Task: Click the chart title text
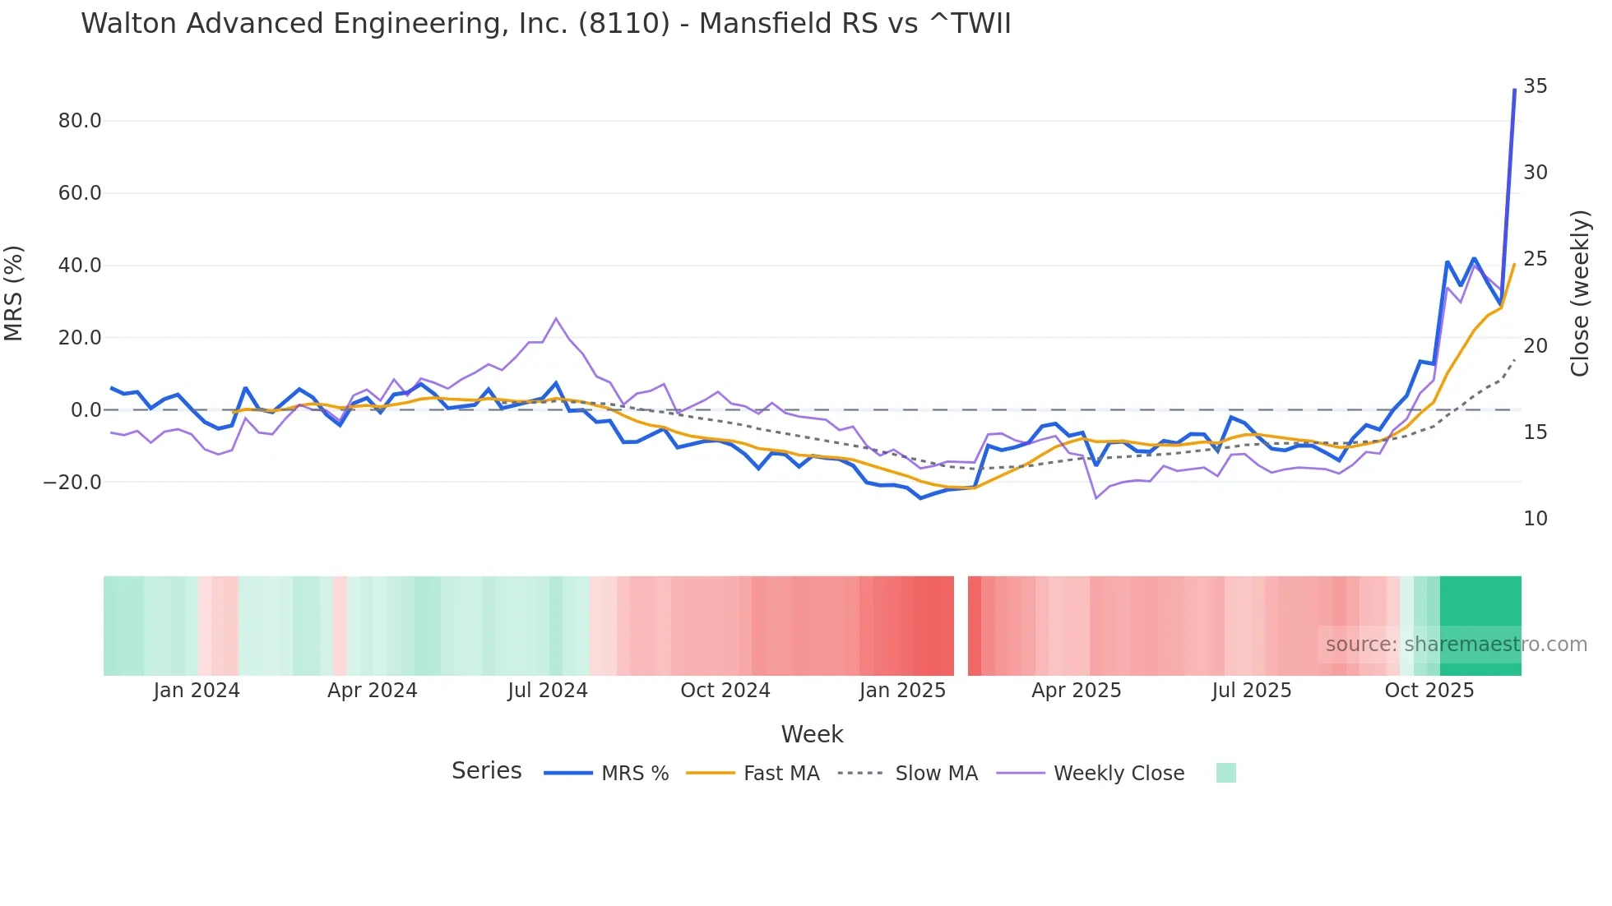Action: point(545,24)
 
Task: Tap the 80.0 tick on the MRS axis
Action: point(80,121)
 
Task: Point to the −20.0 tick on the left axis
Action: point(72,483)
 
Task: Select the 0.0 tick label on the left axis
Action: point(86,410)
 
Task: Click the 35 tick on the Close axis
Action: point(1535,86)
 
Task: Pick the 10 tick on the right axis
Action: point(1535,519)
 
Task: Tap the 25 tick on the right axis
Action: point(1535,259)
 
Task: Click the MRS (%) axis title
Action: point(14,293)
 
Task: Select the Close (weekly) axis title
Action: point(1579,294)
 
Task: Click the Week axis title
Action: point(812,734)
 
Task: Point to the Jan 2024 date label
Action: point(197,691)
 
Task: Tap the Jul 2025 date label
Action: point(1251,691)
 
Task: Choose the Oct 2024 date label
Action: point(725,691)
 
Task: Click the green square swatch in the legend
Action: point(1225,773)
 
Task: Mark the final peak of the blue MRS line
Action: point(1514,90)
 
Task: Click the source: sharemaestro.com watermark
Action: point(1456,645)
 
